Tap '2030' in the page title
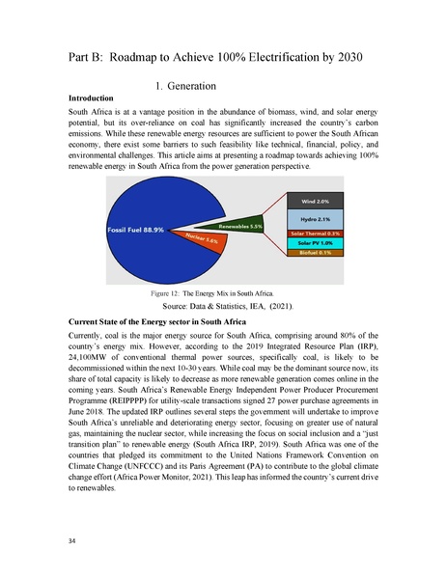345,58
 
